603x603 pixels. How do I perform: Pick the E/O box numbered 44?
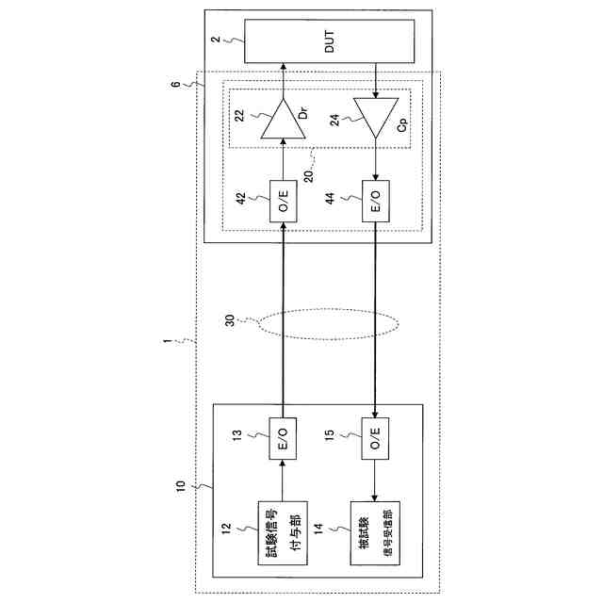click(x=376, y=201)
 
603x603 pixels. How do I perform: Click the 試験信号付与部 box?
click(x=283, y=531)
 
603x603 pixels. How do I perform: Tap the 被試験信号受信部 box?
click(x=376, y=531)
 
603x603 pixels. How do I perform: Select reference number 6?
click(x=174, y=84)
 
